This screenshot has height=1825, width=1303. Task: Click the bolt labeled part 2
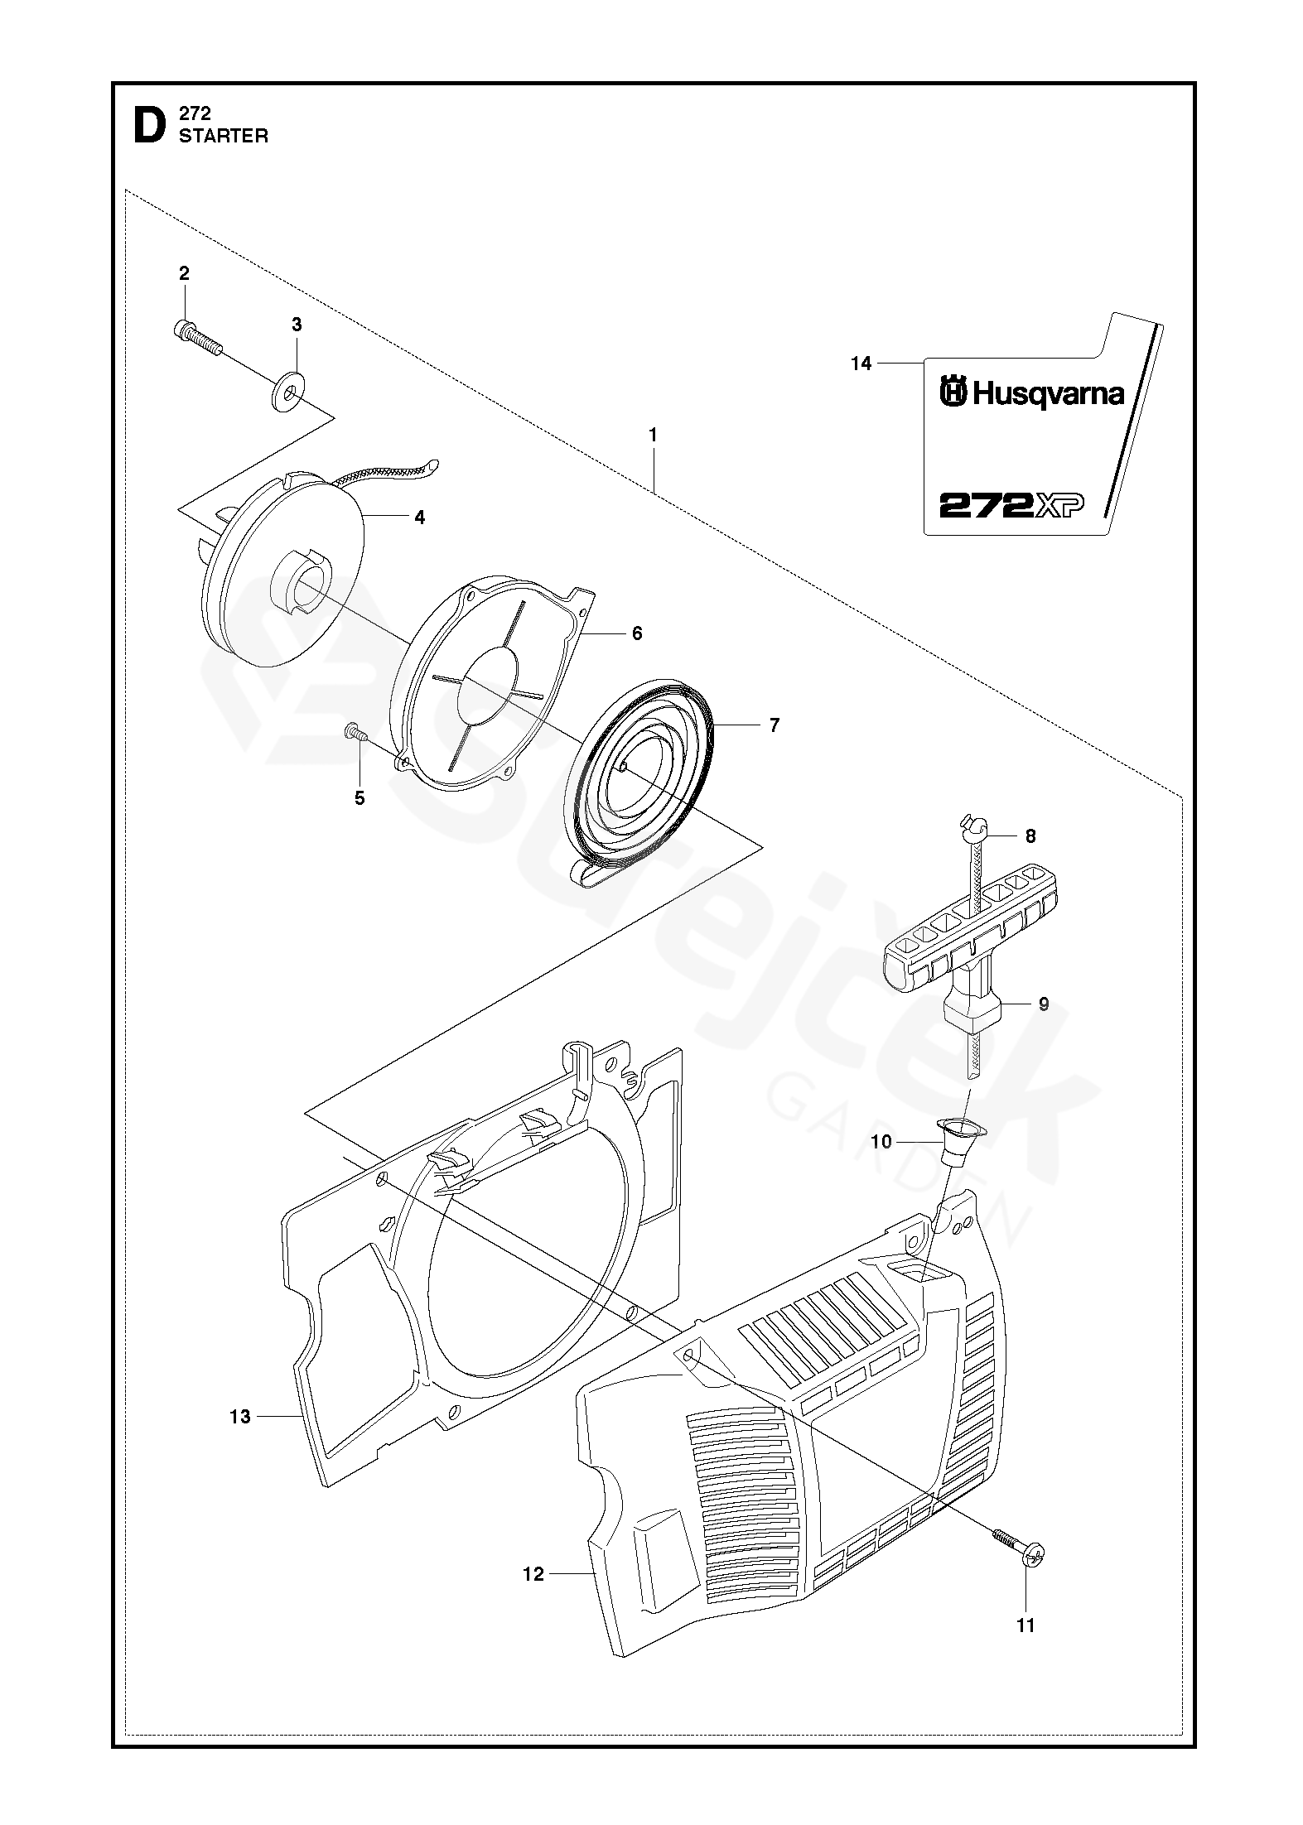[199, 337]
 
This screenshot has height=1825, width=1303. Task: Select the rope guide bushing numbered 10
[960, 1142]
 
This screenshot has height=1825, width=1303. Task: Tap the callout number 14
[861, 363]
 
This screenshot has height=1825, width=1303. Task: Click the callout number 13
[239, 1417]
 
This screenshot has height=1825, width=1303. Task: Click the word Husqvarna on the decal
[1048, 393]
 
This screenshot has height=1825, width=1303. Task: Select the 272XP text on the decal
[1011, 504]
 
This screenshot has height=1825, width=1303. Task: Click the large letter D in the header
[149, 126]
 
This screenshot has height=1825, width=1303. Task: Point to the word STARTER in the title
[224, 137]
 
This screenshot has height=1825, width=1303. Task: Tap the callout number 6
[637, 633]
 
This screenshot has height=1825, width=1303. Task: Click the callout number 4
[420, 518]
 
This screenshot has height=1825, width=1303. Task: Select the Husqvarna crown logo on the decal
[953, 392]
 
